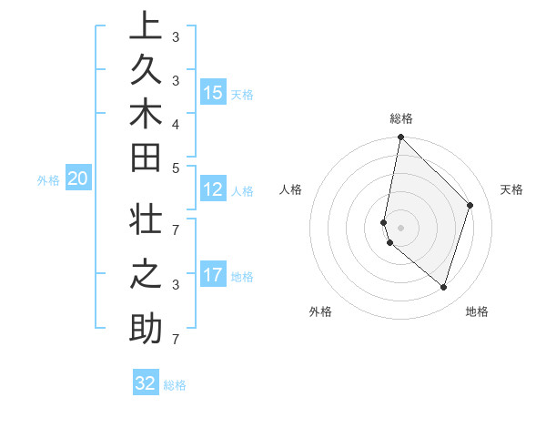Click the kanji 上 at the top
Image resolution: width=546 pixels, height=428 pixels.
click(146, 26)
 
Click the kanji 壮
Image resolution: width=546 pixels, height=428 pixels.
click(146, 223)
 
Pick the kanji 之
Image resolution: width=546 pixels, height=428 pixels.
click(146, 276)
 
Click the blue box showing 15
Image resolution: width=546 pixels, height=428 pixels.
click(213, 92)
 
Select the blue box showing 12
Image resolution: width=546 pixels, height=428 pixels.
click(213, 189)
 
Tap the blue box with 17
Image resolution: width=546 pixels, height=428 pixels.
click(213, 275)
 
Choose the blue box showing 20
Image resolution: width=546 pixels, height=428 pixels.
click(78, 179)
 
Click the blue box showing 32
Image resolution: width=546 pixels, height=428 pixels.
click(146, 383)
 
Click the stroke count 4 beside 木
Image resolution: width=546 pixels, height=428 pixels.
click(176, 123)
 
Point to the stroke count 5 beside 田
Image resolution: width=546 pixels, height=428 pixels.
click(176, 168)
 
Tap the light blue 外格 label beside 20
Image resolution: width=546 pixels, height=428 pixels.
click(48, 180)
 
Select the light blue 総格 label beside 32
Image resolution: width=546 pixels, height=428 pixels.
click(176, 385)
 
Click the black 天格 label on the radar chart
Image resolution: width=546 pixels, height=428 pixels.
click(511, 189)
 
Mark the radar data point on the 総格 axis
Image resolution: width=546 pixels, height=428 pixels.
click(400, 137)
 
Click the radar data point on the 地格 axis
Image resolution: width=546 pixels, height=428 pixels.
click(443, 287)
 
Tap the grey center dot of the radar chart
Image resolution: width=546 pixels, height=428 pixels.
click(400, 227)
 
